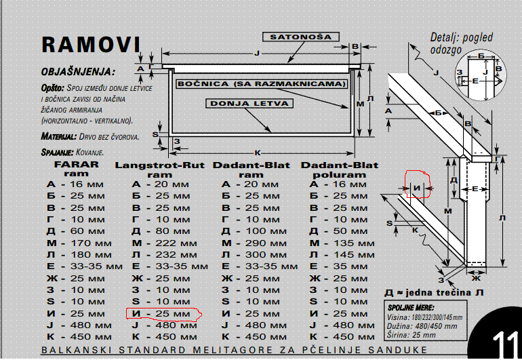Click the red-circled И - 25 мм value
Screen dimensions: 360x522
click(x=161, y=314)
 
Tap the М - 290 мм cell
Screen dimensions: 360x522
click(x=251, y=243)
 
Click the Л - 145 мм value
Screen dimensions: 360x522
click(x=340, y=255)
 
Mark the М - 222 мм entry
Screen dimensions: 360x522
click(x=161, y=243)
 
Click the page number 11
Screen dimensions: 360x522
click(x=505, y=341)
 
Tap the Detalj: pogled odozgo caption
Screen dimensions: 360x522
click(x=461, y=43)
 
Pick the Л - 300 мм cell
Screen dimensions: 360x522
click(x=251, y=255)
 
